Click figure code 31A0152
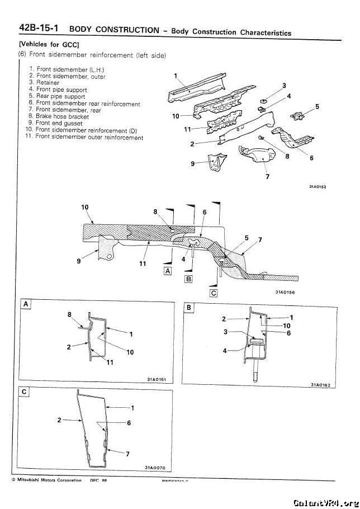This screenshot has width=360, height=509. coord(317,187)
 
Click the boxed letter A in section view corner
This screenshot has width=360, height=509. coord(25,304)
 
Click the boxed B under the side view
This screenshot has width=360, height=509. coord(188,278)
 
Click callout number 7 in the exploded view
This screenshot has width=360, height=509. coord(267,178)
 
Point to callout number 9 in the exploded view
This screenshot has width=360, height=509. coord(193,163)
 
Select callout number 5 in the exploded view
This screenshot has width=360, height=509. coord(317,106)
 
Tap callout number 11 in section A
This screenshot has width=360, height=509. coord(110,361)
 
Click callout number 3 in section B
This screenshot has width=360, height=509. coord(224,332)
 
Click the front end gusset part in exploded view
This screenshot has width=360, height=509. coord(215,161)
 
